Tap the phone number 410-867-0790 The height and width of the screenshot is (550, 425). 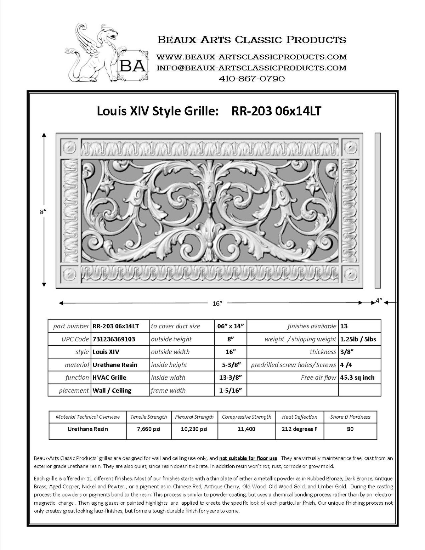click(251, 78)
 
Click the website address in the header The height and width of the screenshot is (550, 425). click(251, 57)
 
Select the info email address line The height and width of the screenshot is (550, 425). click(251, 67)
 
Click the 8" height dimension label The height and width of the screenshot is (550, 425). click(43, 211)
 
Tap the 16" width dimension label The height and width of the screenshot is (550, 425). click(217, 303)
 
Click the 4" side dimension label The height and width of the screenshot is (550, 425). click(379, 300)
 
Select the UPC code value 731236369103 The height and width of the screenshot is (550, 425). click(113, 339)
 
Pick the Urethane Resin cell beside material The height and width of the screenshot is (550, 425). click(115, 364)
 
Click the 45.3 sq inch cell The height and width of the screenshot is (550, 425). click(357, 377)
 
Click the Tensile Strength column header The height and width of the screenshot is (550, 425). click(149, 417)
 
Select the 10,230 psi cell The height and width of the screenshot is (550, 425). click(194, 429)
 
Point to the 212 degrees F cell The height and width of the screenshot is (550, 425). click(300, 429)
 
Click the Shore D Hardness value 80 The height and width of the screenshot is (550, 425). click(350, 429)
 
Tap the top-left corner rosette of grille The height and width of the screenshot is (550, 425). click(69, 146)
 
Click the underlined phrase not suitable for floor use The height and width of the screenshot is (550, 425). click(248, 458)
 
